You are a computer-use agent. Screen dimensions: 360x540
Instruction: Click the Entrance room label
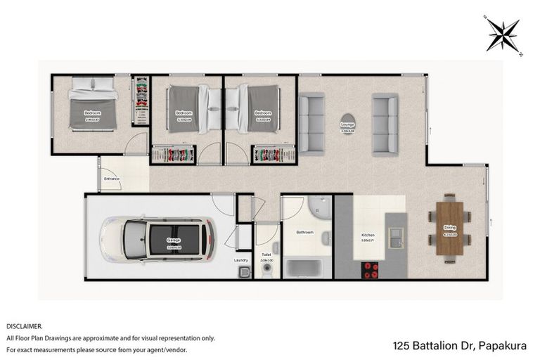pos(112,179)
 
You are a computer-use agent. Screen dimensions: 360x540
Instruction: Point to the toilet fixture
pos(266,269)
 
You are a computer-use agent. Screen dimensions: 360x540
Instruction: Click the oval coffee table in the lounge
pos(348,123)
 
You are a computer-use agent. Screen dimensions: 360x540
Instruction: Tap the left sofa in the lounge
pos(311,124)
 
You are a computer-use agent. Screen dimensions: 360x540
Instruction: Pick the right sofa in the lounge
pos(385,124)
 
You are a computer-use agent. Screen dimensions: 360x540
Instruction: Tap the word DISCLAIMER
pos(25,326)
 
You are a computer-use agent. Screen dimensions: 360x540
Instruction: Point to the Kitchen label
pos(368,235)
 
